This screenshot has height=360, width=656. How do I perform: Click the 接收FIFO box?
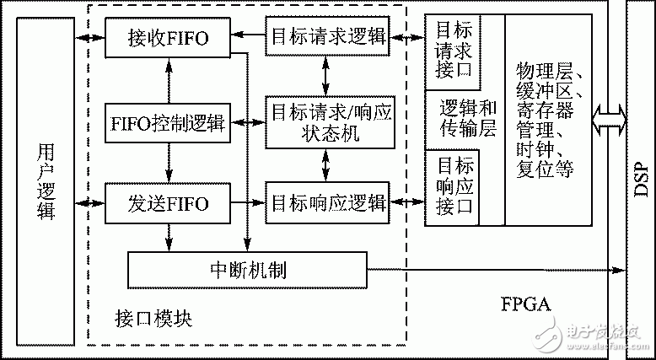click(x=168, y=37)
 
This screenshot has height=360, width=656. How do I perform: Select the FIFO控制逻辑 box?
click(x=168, y=123)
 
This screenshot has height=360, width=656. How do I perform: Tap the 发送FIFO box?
click(x=168, y=203)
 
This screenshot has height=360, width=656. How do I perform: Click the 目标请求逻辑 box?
click(x=328, y=37)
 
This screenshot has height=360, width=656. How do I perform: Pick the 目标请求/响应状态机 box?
click(x=328, y=122)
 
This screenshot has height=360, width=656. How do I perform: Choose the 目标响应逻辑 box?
click(x=328, y=203)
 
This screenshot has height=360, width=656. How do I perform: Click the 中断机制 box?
click(x=247, y=270)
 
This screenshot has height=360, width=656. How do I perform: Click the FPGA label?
click(x=523, y=304)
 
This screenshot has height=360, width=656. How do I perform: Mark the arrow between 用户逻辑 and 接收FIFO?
click(x=89, y=37)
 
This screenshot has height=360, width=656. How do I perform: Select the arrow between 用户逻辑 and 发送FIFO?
click(x=89, y=203)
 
